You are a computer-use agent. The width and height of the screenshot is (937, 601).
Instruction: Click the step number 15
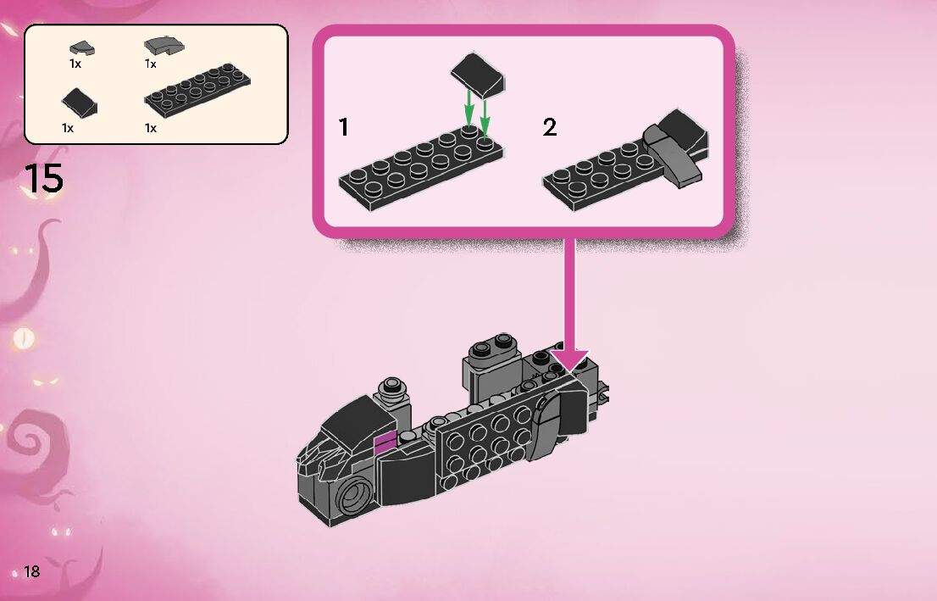click(43, 179)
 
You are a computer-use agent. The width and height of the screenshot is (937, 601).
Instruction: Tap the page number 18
click(32, 571)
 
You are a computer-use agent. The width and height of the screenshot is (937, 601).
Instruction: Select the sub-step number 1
click(343, 128)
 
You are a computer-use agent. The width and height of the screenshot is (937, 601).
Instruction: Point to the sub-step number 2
click(550, 128)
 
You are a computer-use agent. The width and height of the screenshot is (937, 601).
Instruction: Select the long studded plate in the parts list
click(200, 92)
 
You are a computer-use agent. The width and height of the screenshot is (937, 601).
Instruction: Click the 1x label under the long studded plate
click(151, 128)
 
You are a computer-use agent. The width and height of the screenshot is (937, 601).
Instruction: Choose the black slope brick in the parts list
click(80, 103)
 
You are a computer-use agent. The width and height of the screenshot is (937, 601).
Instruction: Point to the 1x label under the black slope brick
click(68, 128)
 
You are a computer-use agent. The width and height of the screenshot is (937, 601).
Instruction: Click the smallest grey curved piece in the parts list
click(81, 48)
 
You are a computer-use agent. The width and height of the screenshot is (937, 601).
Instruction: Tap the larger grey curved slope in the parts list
click(164, 45)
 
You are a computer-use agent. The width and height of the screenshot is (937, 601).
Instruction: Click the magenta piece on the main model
click(385, 441)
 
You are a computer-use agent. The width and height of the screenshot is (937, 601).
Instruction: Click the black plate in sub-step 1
click(419, 165)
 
